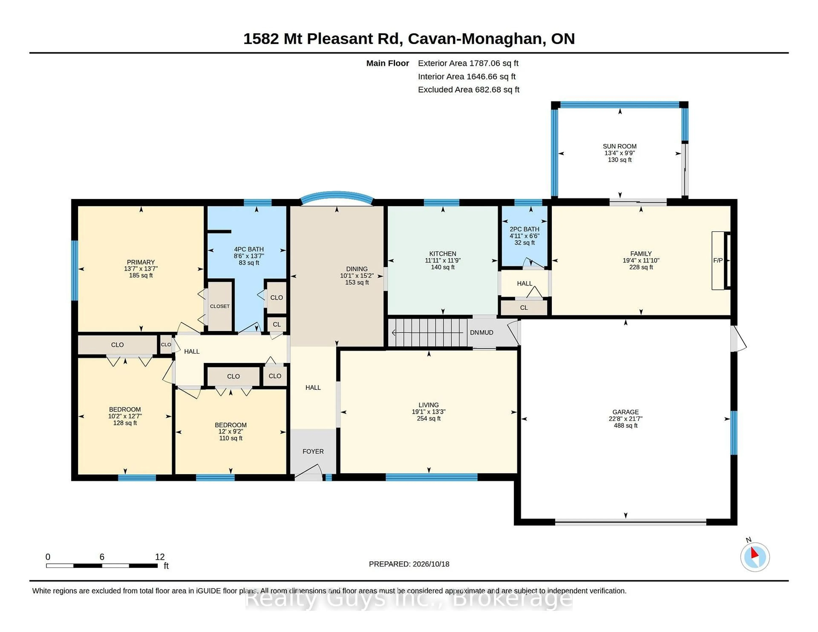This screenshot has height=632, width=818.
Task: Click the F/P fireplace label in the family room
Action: pos(718,260)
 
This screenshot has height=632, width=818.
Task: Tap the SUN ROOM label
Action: pos(619,146)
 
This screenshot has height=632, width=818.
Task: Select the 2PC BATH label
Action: pos(524,229)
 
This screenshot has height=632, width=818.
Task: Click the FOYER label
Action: pos(313,452)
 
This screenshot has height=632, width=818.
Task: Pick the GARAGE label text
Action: pos(625,412)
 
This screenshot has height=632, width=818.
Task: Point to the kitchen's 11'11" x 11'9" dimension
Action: pos(443,260)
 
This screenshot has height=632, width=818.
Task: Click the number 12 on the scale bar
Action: pos(160,557)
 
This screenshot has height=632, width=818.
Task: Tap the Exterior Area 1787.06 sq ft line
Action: pos(468,63)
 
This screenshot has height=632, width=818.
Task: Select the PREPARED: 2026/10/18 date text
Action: pos(409,564)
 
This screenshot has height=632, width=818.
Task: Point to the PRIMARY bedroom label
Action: pos(141,262)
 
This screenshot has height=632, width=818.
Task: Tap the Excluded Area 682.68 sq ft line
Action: pos(469,89)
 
